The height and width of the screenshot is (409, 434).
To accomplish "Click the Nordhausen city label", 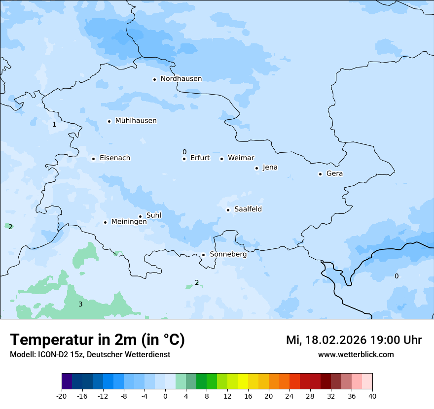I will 181,79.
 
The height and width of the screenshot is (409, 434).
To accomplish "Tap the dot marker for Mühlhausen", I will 109,121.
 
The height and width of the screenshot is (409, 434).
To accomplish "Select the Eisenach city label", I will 115,158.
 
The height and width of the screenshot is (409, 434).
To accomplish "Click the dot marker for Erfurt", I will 184,159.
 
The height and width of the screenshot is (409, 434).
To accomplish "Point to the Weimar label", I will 241,158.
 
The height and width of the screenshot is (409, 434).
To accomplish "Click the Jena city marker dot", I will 257,168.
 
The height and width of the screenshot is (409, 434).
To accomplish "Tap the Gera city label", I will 334,173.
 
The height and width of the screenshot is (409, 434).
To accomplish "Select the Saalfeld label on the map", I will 248,209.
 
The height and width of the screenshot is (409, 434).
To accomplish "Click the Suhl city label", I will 154,215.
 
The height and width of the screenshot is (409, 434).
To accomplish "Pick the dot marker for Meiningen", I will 106,222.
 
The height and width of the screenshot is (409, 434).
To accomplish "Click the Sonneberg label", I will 228,255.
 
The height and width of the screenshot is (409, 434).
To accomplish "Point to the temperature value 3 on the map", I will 80,305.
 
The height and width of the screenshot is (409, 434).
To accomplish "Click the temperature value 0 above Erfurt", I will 184,152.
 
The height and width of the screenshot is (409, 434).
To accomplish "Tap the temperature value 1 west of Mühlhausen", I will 54,125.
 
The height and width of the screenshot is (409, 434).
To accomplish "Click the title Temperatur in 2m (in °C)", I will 97,340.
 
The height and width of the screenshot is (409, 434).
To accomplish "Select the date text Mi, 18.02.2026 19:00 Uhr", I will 354,340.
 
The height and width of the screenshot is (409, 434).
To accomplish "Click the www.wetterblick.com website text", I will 356,355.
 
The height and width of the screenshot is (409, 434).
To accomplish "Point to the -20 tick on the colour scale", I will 62,396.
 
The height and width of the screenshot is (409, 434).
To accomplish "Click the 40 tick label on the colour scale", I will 372,396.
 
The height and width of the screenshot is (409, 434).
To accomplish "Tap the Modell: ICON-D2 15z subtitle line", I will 90,355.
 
